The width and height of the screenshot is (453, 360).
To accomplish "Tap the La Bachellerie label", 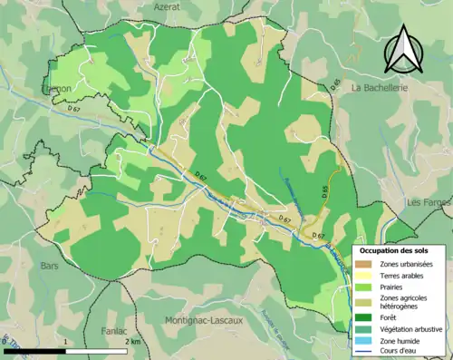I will [381, 87].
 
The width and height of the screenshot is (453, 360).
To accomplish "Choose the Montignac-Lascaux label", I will [207, 321].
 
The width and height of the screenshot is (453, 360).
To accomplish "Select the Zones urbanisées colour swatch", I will [367, 263].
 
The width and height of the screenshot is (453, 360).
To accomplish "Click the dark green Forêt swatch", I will [367, 317].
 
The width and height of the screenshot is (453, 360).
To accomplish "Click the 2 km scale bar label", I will [133, 342].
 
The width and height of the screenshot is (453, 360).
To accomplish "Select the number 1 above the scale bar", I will [68, 342].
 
